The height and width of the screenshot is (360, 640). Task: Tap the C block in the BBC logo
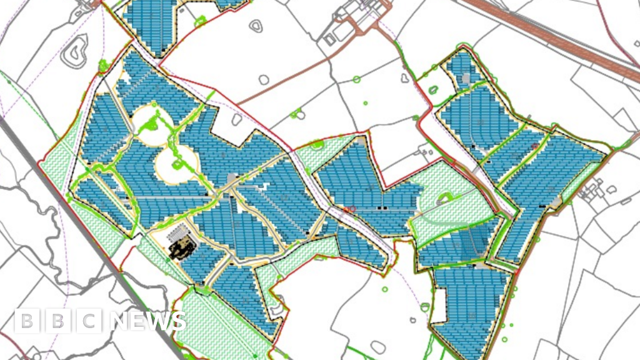[90, 321]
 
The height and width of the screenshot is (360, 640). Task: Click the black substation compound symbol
[181, 249]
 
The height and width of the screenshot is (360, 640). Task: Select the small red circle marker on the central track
[348, 210]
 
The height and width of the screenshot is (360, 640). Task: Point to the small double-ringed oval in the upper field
[256, 26]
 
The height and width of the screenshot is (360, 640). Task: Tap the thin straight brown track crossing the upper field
[287, 82]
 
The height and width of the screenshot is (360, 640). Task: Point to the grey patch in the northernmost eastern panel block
[465, 78]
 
